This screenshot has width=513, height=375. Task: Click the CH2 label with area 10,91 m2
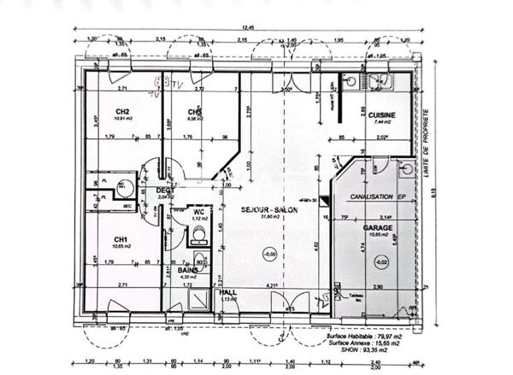pyautogui.click(x=121, y=112)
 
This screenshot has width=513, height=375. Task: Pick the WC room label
pyautogui.click(x=198, y=211)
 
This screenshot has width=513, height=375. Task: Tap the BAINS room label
pyautogui.click(x=188, y=268)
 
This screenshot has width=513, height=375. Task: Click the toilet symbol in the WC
pyautogui.click(x=199, y=232)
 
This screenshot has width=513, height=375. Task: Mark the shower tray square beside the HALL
pyautogui.click(x=198, y=299)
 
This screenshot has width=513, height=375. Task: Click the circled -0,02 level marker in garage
pyautogui.click(x=380, y=261)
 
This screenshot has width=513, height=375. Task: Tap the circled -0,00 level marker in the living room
pyautogui.click(x=270, y=254)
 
